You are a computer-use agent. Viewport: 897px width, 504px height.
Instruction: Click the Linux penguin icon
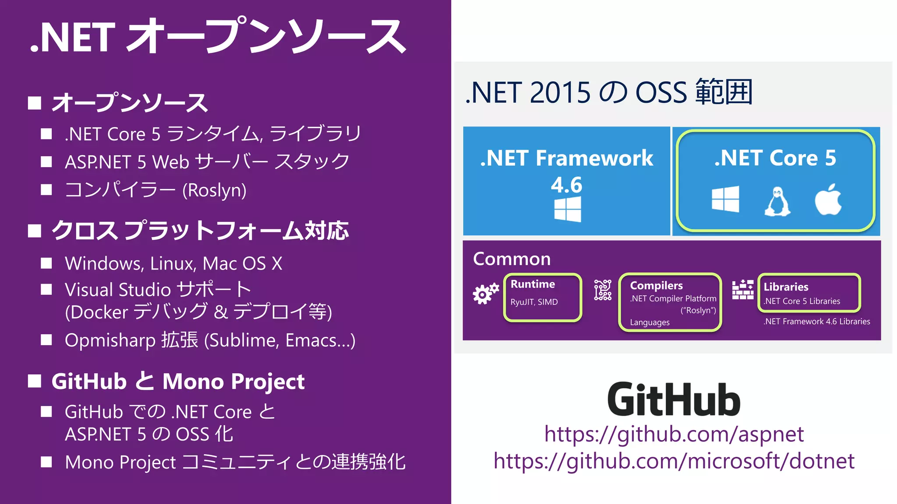point(777,202)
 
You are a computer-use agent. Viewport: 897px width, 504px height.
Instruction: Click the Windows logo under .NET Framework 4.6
point(568,209)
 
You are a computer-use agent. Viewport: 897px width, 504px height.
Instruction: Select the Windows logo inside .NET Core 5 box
point(725,199)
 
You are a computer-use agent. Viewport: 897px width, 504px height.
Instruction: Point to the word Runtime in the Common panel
point(533,284)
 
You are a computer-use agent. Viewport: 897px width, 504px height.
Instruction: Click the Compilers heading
point(656,286)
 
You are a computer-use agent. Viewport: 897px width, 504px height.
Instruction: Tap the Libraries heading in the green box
point(786,287)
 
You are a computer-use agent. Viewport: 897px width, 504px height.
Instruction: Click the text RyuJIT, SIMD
point(534,302)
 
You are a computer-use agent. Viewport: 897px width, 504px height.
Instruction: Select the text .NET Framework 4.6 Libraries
point(816,322)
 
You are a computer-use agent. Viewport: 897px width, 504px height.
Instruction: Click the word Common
point(512,259)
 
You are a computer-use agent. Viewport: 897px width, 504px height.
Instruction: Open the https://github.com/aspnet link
point(674,434)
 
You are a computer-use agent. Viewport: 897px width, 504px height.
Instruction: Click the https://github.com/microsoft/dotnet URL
point(674,461)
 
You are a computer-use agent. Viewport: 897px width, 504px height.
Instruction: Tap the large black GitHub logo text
point(674,399)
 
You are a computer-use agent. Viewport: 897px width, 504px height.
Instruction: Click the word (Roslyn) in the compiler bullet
point(214,191)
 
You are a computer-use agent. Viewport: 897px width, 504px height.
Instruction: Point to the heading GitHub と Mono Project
point(178,381)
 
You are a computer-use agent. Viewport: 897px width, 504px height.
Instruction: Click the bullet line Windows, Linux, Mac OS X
point(173,264)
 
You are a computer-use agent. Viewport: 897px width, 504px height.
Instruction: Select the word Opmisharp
point(110,341)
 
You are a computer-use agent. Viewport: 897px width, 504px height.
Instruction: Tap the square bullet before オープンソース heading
point(35,103)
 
